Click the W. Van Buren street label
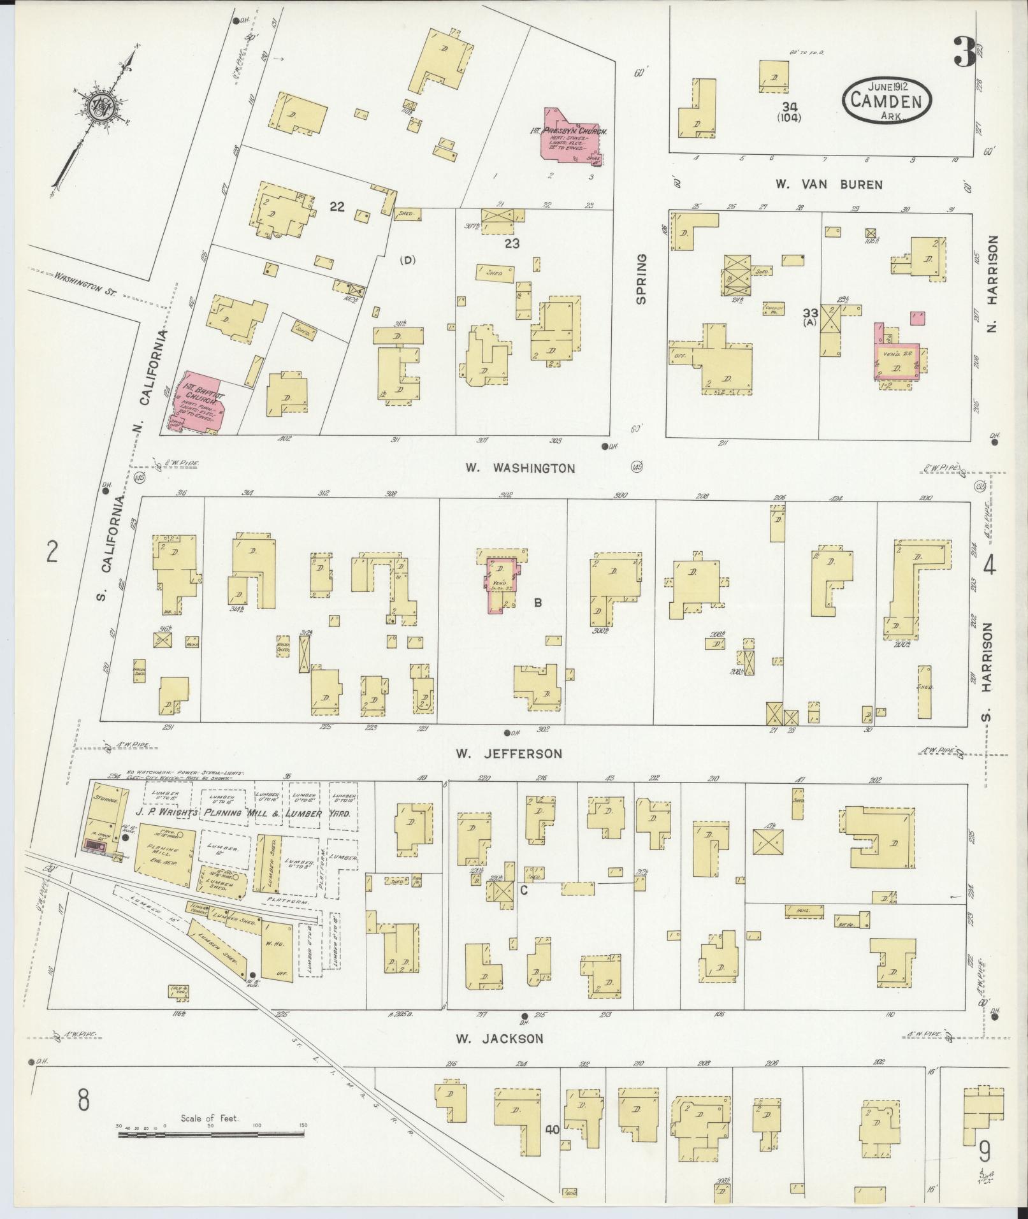point(829,185)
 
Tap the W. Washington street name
point(519,468)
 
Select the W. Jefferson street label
point(509,754)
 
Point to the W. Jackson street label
point(500,1039)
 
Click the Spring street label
point(641,279)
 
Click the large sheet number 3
point(964,53)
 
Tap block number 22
point(337,206)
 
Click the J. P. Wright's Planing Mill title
point(242,813)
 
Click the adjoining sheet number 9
point(984,1151)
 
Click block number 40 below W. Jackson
point(551,1130)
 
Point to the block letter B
point(538,602)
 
